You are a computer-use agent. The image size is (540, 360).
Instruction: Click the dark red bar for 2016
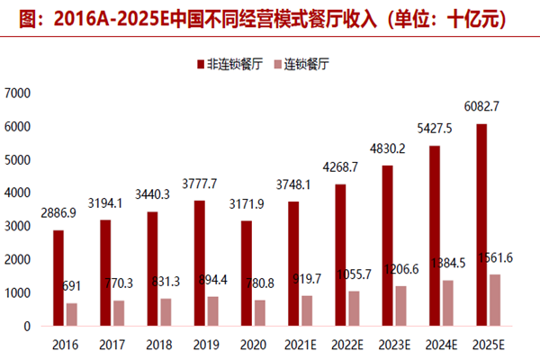click(58, 278)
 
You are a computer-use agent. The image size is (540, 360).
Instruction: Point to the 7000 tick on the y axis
click(19, 93)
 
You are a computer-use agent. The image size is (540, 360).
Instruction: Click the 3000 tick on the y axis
click(19, 226)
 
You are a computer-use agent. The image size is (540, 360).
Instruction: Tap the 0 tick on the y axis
click(27, 326)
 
